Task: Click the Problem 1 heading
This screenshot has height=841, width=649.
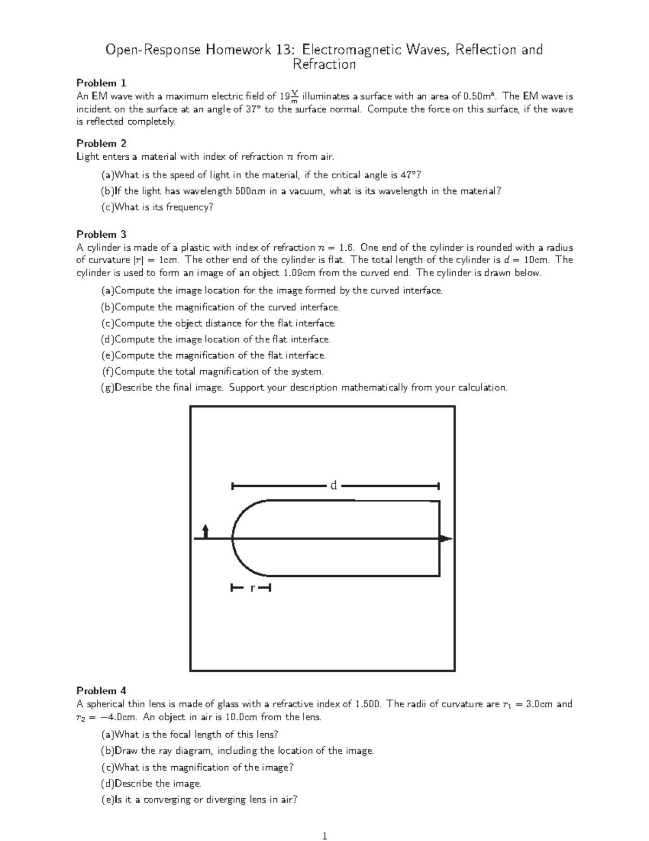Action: coord(101,83)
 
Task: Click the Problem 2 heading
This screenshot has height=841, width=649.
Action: coord(101,144)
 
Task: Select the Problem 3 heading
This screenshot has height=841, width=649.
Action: coord(101,234)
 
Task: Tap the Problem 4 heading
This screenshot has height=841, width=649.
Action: coord(101,690)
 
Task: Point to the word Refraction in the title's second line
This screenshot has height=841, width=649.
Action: coord(324,65)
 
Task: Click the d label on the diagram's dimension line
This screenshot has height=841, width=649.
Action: coord(334,486)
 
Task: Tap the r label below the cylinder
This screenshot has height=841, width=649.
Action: coord(251,588)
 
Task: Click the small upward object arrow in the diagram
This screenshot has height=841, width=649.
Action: coord(205,531)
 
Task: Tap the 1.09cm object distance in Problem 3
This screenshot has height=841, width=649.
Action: coord(299,273)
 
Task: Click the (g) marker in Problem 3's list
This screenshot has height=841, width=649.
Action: coord(108,388)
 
